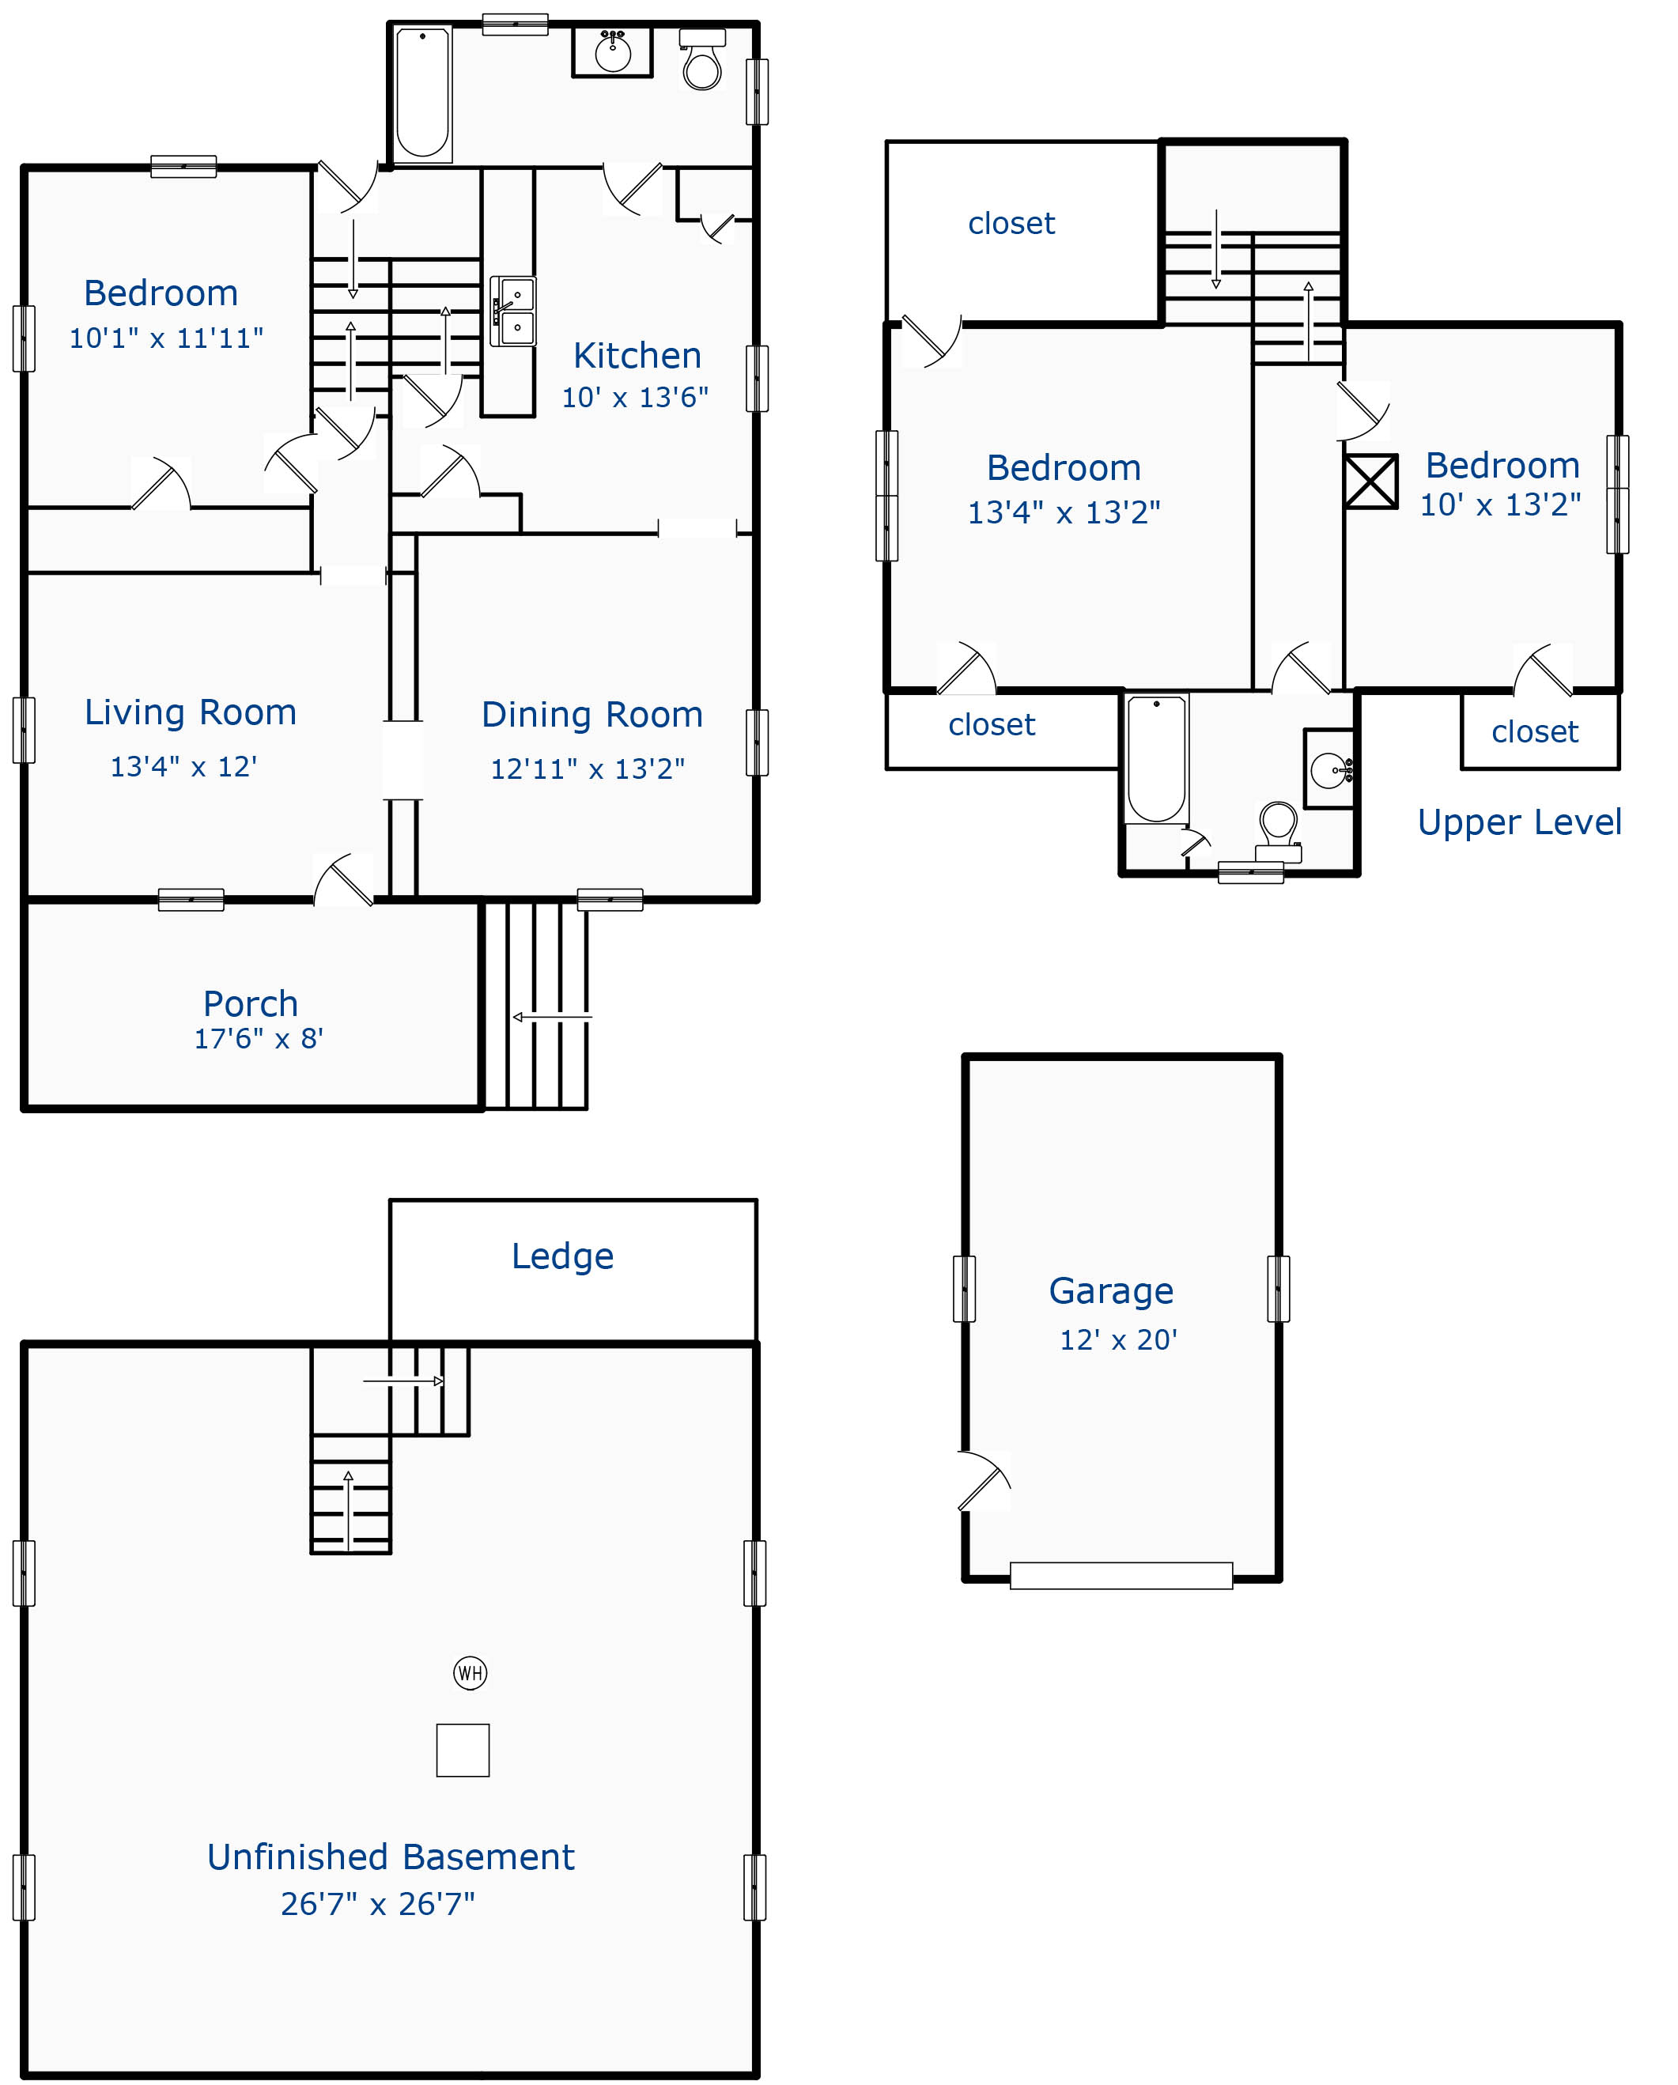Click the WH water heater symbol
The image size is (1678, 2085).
pyautogui.click(x=470, y=1672)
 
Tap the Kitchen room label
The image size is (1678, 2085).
pyautogui.click(x=637, y=355)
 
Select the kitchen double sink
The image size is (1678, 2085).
pyautogui.click(x=512, y=311)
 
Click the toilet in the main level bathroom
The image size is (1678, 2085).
pyautogui.click(x=702, y=62)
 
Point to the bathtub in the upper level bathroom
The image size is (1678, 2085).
pyautogui.click(x=1156, y=759)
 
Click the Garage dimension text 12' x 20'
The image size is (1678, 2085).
pyautogui.click(x=1118, y=1339)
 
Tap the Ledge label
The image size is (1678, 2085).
pyautogui.click(x=562, y=1256)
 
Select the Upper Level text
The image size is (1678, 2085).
pyautogui.click(x=1518, y=822)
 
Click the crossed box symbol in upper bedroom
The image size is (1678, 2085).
pyautogui.click(x=1370, y=482)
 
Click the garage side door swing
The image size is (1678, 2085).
pyautogui.click(x=985, y=1481)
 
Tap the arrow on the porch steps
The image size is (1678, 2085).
pyautogui.click(x=550, y=1016)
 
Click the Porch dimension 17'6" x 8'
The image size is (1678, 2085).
pyautogui.click(x=259, y=1039)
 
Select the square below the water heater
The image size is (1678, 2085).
pyautogui.click(x=463, y=1751)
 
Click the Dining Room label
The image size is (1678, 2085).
pyautogui.click(x=592, y=715)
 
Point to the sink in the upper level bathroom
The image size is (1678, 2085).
pyautogui.click(x=1328, y=770)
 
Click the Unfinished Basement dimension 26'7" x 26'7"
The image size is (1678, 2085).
pyautogui.click(x=377, y=1903)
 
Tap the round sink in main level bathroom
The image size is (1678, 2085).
pyautogui.click(x=612, y=52)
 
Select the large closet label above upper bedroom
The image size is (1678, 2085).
pyautogui.click(x=1011, y=224)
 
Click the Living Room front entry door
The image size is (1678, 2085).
pyautogui.click(x=344, y=880)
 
